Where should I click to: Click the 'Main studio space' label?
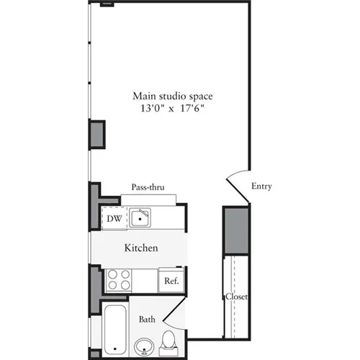coord(172,95)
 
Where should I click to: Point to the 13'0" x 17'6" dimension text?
coord(172,109)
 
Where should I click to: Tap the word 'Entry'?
coord(261,186)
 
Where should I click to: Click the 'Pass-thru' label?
coord(148,187)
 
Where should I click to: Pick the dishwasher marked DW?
coord(114,218)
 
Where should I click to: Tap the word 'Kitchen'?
coord(141,248)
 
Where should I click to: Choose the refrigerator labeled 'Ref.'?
coord(172,281)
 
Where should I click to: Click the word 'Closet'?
coord(236,296)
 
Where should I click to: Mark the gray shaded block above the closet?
coord(235,230)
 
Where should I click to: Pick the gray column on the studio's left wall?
coord(96,135)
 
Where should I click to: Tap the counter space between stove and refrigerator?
coord(147,279)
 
